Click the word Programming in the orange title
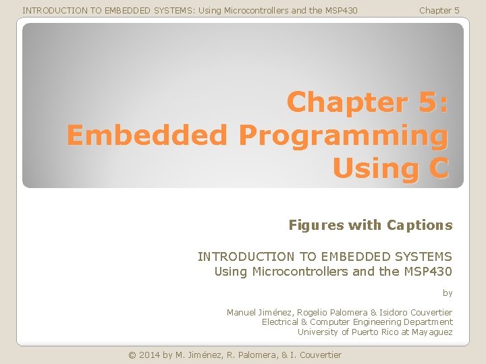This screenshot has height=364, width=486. [343, 135]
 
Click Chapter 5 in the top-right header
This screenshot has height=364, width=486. [439, 10]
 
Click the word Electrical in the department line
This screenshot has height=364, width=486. [280, 322]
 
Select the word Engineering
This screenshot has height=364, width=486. [370, 322]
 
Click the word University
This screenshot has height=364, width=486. [318, 332]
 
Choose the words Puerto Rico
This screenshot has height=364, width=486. [376, 332]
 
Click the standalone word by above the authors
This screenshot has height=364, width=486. [448, 293]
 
